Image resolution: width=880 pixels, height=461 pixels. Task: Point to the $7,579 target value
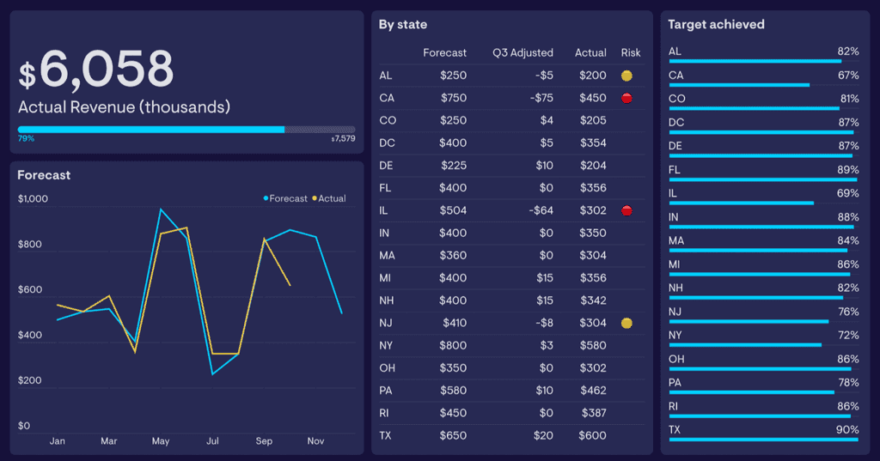(343, 138)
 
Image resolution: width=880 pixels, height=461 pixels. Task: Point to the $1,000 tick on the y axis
(33, 199)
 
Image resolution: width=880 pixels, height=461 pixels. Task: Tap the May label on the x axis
(161, 441)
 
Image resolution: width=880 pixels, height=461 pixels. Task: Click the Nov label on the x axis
(315, 441)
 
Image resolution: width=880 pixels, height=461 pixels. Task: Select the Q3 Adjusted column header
(522, 52)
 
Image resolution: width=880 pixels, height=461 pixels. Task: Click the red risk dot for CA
(626, 98)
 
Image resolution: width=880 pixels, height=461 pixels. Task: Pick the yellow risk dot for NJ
(626, 323)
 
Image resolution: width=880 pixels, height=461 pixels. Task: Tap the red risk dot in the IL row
(626, 210)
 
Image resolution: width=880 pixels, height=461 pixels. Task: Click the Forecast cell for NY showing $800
(453, 345)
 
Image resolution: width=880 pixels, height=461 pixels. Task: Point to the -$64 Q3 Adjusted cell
(541, 210)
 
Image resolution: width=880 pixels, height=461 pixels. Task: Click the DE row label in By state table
(386, 166)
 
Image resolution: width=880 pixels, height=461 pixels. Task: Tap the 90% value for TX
(847, 429)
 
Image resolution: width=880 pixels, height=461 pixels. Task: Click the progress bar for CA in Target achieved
(739, 85)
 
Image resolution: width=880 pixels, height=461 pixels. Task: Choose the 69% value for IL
(847, 194)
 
